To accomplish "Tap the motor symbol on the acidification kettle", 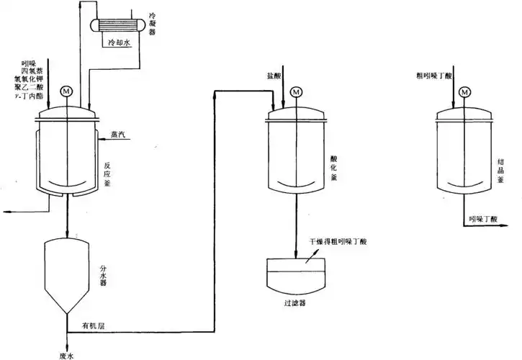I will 296,91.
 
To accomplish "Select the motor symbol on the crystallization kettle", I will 464,91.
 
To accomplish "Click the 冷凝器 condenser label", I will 151,22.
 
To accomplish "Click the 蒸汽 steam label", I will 119,134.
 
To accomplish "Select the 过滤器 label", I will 295,303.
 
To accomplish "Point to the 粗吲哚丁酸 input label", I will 430,75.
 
